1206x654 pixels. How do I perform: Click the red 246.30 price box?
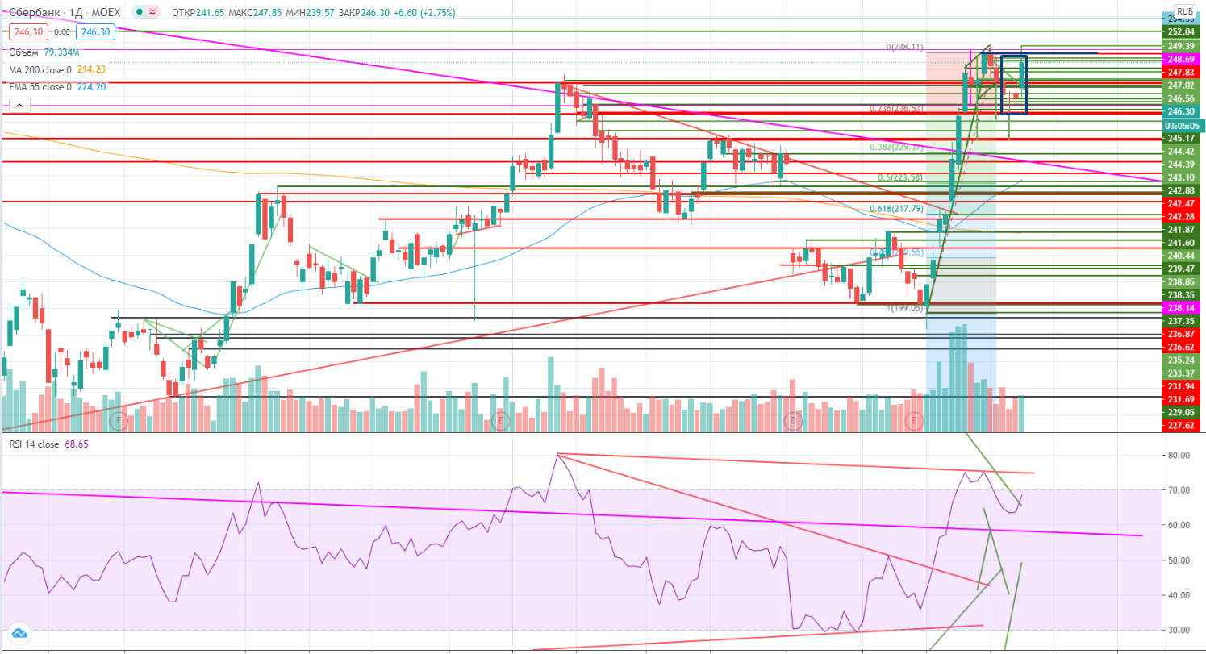pyautogui.click(x=25, y=32)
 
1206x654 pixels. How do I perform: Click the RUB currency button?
pyautogui.click(x=1184, y=11)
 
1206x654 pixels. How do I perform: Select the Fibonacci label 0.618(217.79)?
pyautogui.click(x=898, y=208)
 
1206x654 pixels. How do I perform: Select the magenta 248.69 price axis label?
pyautogui.click(x=1180, y=60)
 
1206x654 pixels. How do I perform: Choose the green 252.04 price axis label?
pyautogui.click(x=1180, y=31)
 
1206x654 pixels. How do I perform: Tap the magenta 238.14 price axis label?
pyautogui.click(x=1180, y=308)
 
